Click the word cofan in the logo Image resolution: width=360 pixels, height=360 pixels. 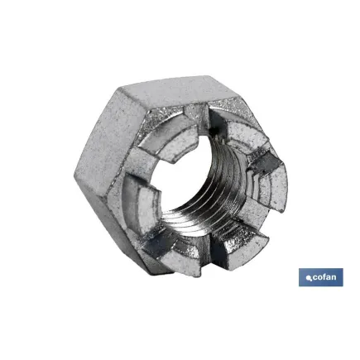tap(324, 277)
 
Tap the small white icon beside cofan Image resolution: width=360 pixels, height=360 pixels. tap(308, 278)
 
